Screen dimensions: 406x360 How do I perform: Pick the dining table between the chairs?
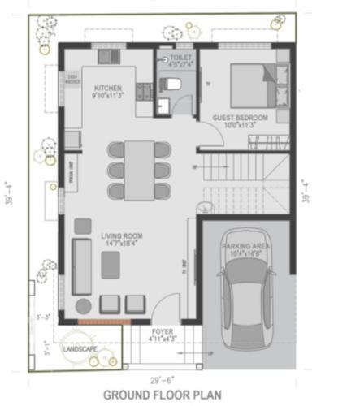tap(139, 169)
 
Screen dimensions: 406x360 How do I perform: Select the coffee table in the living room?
tap(111, 262)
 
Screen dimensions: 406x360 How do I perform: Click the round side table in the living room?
tap(84, 306)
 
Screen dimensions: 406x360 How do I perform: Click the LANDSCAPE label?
tap(81, 348)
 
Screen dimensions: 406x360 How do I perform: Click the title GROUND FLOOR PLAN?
tap(162, 395)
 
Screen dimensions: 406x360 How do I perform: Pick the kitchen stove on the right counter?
tap(145, 89)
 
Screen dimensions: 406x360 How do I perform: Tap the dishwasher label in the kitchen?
tap(72, 80)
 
